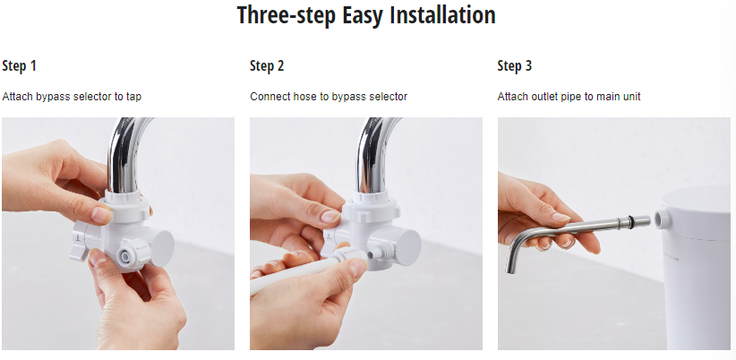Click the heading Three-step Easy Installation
coord(366,15)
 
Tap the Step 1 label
coord(19,66)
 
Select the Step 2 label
coord(267,66)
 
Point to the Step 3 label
coord(515,66)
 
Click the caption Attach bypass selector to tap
coord(72,97)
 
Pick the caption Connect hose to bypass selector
coord(329,97)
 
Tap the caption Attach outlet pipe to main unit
coord(569,97)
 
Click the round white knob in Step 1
coord(162,248)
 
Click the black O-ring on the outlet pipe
coord(631,219)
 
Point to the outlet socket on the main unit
coord(662,219)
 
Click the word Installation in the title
coord(443,15)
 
